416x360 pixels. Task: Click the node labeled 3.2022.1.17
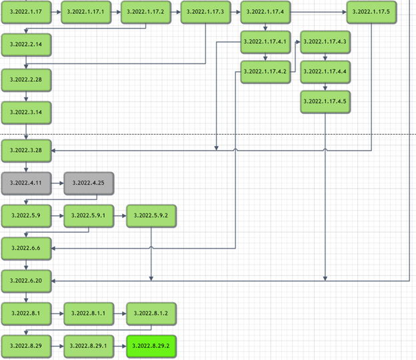pyautogui.click(x=26, y=12)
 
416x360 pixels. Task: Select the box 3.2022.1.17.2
pyautogui.click(x=145, y=12)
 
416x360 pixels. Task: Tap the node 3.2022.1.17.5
pyautogui.click(x=371, y=12)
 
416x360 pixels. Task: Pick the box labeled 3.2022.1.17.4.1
pyautogui.click(x=265, y=42)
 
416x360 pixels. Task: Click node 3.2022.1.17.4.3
pyautogui.click(x=325, y=42)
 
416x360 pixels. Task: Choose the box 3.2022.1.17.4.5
pyautogui.click(x=325, y=101)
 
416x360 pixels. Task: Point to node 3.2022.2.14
pyautogui.click(x=26, y=44)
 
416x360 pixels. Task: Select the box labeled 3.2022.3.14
pyautogui.click(x=26, y=113)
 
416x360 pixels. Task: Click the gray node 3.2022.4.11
pyautogui.click(x=26, y=183)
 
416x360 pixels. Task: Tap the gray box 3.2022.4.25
pyautogui.click(x=89, y=183)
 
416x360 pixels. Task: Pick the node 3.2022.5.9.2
pyautogui.click(x=151, y=216)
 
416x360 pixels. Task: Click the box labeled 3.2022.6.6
pyautogui.click(x=26, y=248)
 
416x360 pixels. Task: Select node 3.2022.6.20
pyautogui.click(x=26, y=281)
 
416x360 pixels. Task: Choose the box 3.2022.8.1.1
pyautogui.click(x=89, y=313)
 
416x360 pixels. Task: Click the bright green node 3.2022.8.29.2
pyautogui.click(x=151, y=347)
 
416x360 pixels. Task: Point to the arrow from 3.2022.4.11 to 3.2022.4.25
pyautogui.click(x=57, y=183)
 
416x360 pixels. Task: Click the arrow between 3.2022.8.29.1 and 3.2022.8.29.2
pyautogui.click(x=120, y=347)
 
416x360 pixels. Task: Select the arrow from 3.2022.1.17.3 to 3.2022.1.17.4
pyautogui.click(x=235, y=12)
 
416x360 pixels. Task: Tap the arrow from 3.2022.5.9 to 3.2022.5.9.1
pyautogui.click(x=57, y=216)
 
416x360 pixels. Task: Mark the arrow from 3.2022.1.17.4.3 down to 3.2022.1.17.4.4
pyautogui.click(x=325, y=57)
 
